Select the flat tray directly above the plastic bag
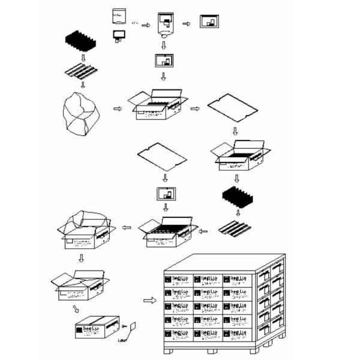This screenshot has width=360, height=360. tap(83, 70)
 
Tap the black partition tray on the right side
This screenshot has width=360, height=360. tap(235, 197)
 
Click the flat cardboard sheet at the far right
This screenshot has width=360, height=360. tap(233, 108)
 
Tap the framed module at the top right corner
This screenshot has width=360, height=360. tap(209, 22)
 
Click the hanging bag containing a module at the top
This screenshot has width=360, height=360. tap(163, 25)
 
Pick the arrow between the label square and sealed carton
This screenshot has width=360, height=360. tap(124, 328)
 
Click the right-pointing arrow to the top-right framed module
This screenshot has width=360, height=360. tap(186, 24)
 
